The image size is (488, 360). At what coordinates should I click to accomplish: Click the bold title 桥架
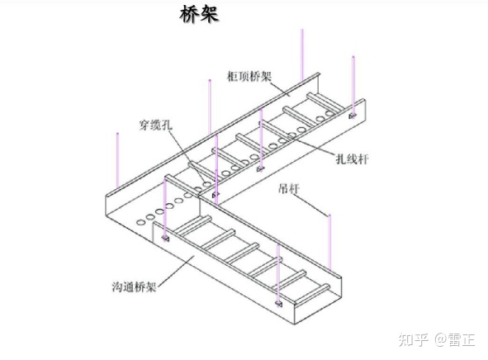click(x=199, y=14)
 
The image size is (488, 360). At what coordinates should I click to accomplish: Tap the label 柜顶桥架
click(x=249, y=76)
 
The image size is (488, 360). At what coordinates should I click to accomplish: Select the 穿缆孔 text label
click(x=155, y=126)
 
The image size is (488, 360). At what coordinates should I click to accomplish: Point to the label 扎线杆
click(x=352, y=159)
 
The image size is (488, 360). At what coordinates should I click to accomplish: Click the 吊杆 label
click(x=289, y=188)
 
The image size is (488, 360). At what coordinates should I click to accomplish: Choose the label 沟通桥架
click(x=134, y=287)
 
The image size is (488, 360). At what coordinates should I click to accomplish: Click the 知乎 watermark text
click(x=414, y=339)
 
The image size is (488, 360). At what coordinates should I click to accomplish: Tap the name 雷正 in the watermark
click(x=462, y=339)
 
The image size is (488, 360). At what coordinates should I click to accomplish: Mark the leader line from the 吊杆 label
click(x=312, y=204)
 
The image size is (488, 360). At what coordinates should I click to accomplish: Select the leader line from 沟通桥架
click(x=176, y=271)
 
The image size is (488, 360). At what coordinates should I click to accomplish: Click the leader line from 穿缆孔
click(x=187, y=156)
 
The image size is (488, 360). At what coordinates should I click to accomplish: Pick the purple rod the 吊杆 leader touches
click(x=330, y=243)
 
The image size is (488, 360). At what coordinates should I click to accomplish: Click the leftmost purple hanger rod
click(x=117, y=160)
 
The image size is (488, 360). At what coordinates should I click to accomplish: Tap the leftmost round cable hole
click(x=141, y=222)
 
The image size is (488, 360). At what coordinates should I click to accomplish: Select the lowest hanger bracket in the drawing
click(x=278, y=303)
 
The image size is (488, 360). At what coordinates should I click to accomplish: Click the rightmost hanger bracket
click(x=353, y=116)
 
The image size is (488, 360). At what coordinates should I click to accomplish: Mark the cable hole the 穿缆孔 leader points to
click(x=207, y=184)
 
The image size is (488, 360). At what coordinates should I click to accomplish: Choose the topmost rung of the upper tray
click(x=326, y=102)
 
